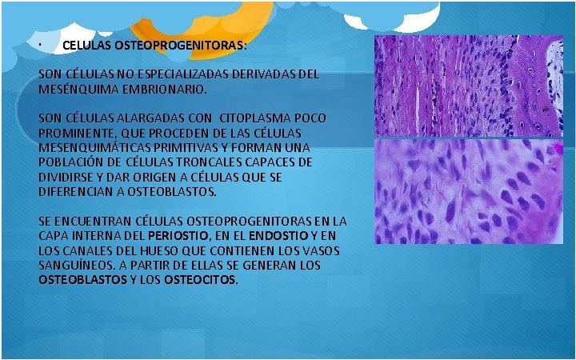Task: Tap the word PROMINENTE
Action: (x=76, y=133)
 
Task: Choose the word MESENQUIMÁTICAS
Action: (x=94, y=148)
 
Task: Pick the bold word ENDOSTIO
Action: (x=276, y=236)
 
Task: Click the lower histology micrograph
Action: (x=469, y=192)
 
